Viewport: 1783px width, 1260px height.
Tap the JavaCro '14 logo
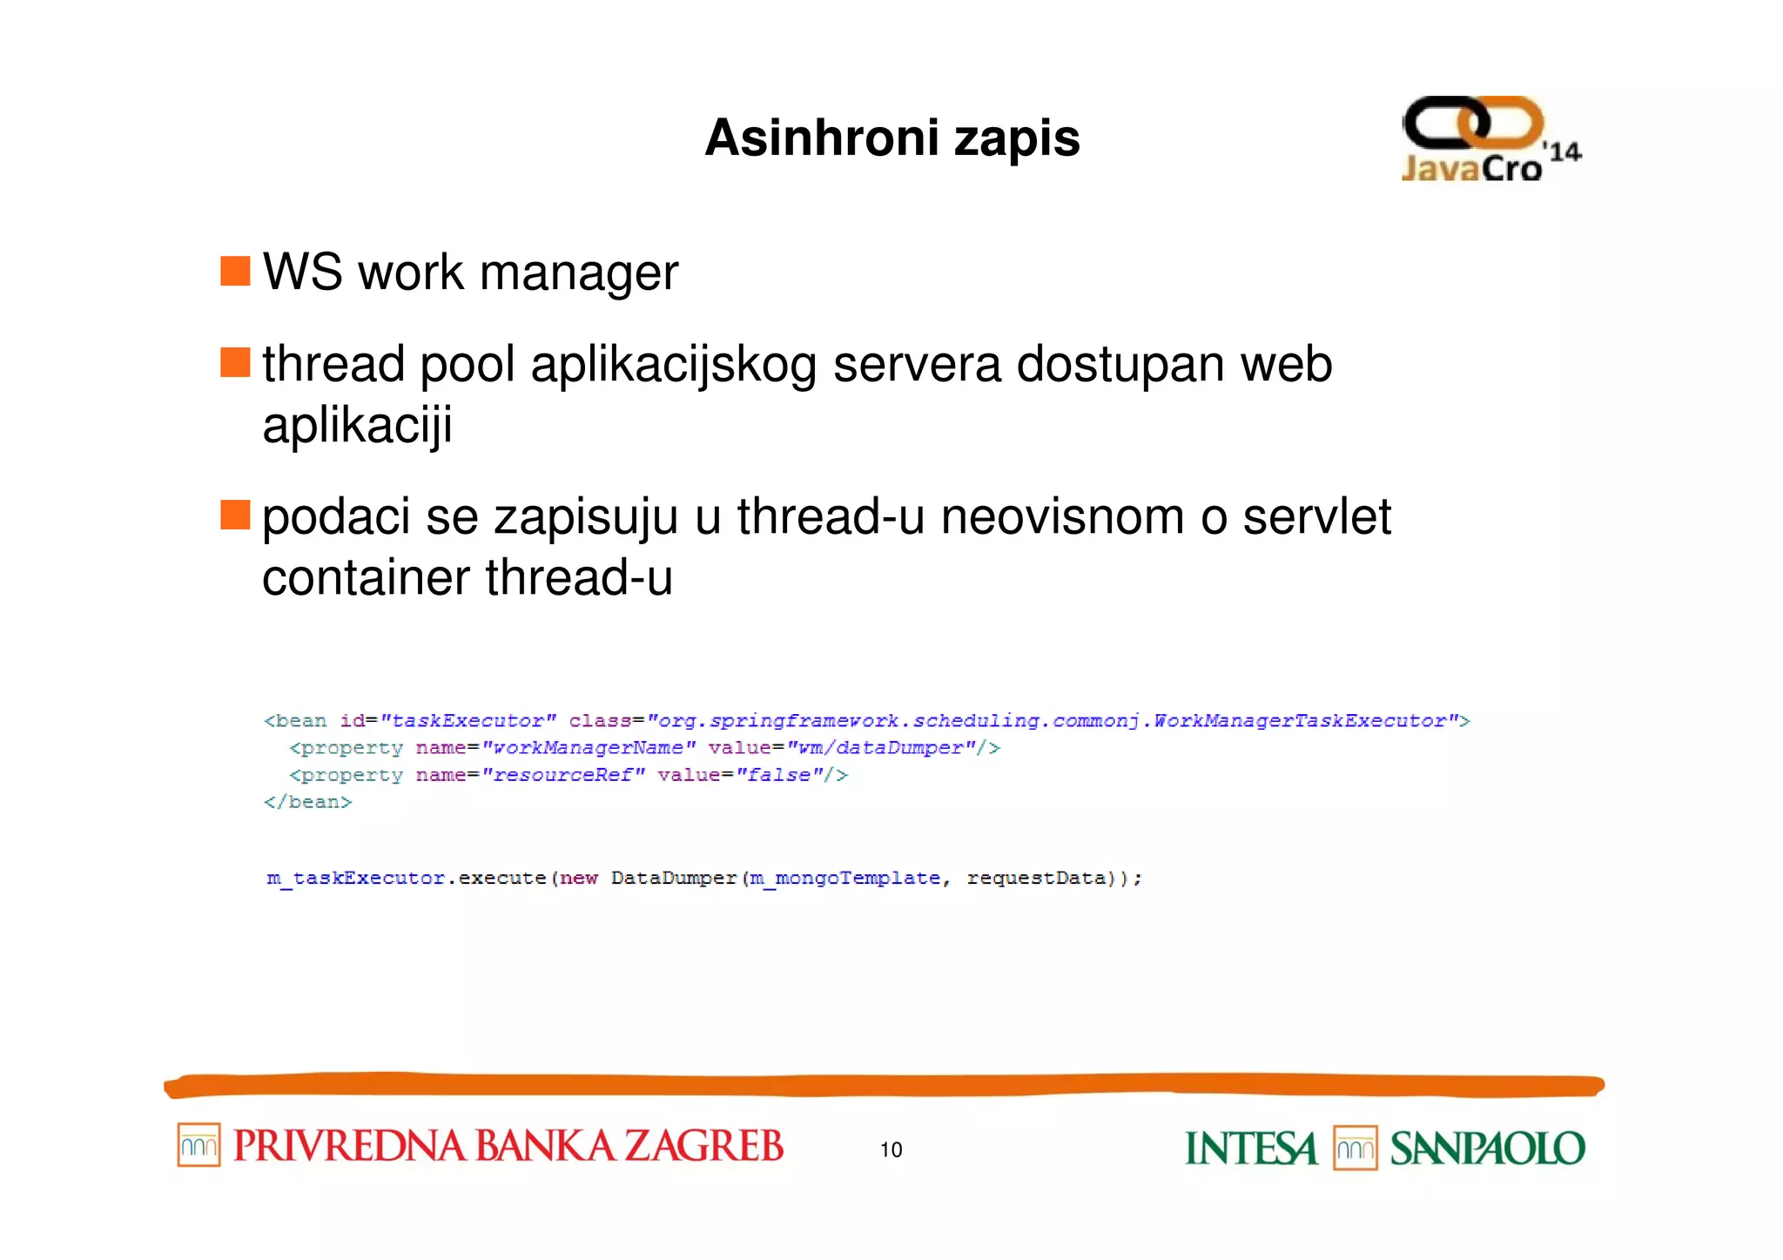(x=1490, y=139)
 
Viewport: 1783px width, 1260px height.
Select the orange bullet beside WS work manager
(x=235, y=271)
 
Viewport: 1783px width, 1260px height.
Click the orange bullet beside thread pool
(x=235, y=362)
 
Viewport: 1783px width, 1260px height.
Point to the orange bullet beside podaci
(x=235, y=515)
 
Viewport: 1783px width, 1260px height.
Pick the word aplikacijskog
(x=673, y=366)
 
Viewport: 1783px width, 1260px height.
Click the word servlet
(x=1316, y=516)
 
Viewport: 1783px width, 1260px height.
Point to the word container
(x=366, y=577)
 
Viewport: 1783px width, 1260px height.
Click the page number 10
(x=891, y=1149)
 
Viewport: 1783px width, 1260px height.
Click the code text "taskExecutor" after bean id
(x=468, y=721)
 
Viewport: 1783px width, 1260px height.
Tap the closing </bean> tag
(x=308, y=802)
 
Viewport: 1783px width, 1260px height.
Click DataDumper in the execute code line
(x=674, y=878)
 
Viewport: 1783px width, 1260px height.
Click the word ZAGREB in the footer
(x=704, y=1146)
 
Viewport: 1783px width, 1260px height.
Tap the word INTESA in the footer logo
(x=1251, y=1149)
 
